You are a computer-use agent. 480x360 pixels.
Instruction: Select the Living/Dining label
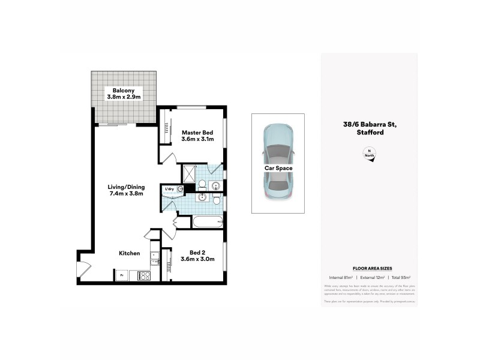tap(125, 190)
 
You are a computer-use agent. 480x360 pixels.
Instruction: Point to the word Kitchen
tap(129, 254)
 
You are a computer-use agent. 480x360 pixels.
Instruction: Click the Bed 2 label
tap(197, 256)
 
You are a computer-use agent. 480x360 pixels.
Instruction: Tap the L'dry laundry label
tap(169, 190)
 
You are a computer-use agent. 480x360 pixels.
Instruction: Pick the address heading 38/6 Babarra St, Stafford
tap(369, 128)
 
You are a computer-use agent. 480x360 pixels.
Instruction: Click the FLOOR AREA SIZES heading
tap(369, 269)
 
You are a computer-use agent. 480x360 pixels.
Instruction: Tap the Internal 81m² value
tap(341, 277)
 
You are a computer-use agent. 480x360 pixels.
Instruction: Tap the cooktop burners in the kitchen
tap(144, 277)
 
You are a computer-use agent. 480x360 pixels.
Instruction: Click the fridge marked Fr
tap(122, 276)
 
